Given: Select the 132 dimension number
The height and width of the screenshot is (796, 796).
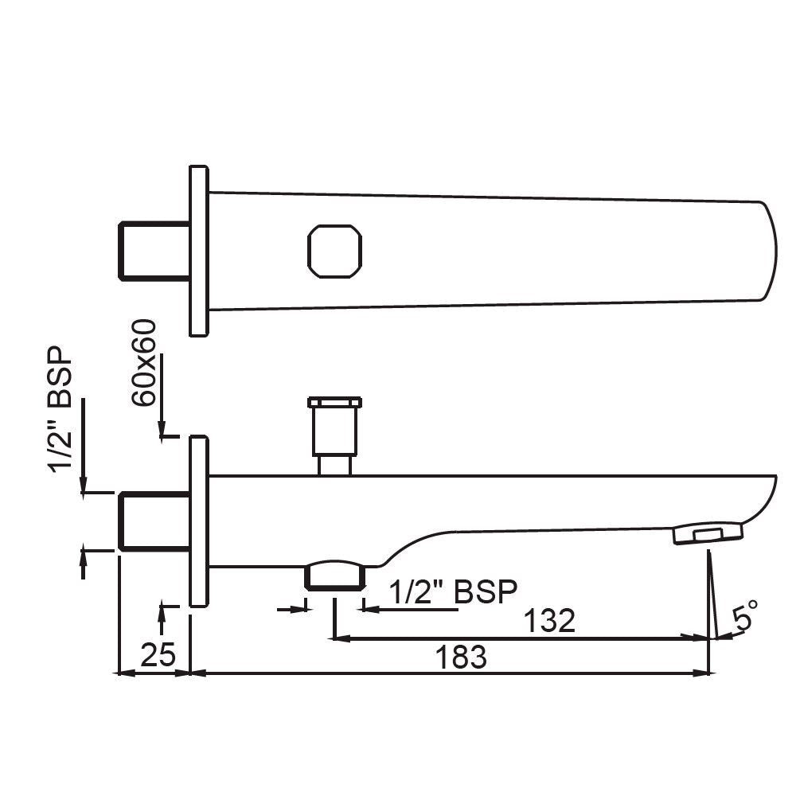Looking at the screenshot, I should coord(549,621).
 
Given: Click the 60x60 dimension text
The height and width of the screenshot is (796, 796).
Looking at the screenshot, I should coord(146,363).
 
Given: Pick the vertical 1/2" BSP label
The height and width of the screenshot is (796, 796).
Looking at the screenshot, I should coord(62,410).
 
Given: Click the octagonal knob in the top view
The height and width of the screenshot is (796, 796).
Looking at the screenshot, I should coord(334,252).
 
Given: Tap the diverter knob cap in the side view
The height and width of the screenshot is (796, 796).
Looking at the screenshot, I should coord(334,402).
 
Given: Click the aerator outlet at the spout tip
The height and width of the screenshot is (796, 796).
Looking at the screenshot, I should coord(708,533).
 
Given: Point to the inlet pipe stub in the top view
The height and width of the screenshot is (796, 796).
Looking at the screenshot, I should coord(154,252).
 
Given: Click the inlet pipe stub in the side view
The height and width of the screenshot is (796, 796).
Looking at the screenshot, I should coord(154,521).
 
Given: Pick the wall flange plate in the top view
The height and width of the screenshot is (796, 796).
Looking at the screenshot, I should coord(198,252).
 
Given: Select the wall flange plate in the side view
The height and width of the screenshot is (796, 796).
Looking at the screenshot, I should coord(198,521).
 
